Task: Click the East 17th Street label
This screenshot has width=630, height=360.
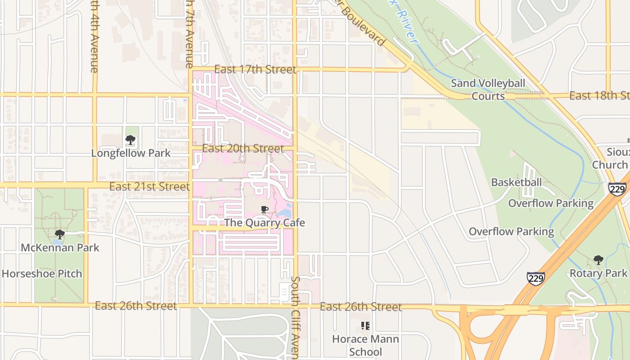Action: point(255,69)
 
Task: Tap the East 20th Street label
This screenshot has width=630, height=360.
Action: point(243,148)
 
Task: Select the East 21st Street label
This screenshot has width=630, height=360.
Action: point(149,186)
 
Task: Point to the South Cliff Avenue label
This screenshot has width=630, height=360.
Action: point(295,317)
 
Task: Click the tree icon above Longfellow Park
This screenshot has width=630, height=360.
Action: point(130,140)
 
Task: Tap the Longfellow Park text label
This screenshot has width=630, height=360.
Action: point(130,153)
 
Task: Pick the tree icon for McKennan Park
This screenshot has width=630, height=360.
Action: point(59,234)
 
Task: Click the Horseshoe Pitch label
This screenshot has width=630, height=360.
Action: point(42,274)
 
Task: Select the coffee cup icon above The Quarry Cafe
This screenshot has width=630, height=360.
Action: point(265,210)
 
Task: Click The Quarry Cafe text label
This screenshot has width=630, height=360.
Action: point(265,223)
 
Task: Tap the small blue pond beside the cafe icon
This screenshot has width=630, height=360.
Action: point(284,212)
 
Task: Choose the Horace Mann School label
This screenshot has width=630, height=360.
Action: point(365,345)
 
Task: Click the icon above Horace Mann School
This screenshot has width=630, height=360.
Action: point(365,325)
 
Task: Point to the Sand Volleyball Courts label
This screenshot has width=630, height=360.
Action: point(488,90)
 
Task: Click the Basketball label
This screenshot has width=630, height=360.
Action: point(516,182)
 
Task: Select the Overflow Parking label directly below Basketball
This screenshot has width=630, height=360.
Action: point(550,203)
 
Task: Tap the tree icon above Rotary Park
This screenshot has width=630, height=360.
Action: point(598,260)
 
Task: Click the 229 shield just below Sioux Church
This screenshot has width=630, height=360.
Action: point(617,189)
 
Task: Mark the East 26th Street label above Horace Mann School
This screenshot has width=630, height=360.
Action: point(360,307)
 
